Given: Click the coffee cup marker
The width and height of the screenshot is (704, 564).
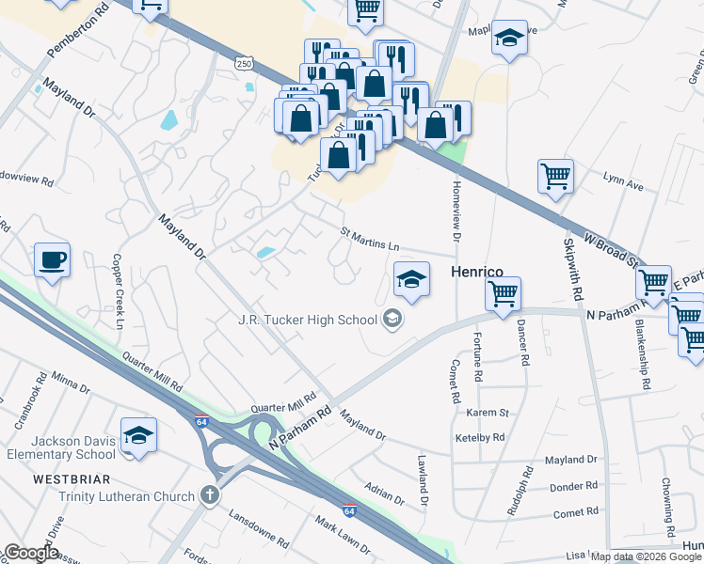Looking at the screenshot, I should (52, 259).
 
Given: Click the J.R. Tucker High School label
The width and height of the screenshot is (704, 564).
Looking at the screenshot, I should (307, 320).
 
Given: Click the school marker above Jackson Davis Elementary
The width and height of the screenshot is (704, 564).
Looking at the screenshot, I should (138, 435).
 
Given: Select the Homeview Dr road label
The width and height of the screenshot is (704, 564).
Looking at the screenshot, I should (456, 213).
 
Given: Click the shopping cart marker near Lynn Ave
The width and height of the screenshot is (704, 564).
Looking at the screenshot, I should (555, 176).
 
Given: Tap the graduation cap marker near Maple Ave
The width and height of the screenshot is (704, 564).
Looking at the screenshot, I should (509, 39).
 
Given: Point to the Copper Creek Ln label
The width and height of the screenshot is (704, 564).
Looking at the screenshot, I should (119, 290).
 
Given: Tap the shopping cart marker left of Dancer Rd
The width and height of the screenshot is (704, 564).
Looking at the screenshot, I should (503, 293).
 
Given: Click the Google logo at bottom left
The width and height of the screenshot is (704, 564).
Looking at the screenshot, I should (31, 553).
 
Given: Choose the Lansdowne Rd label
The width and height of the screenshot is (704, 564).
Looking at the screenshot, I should (259, 528).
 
